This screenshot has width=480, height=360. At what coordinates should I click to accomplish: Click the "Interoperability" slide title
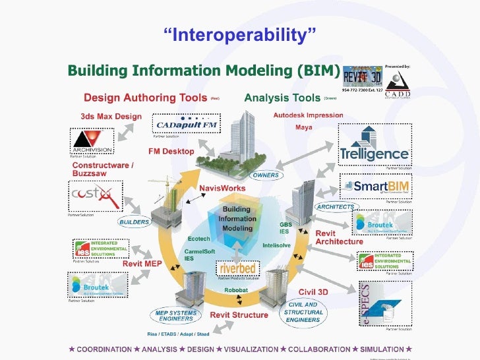coord(240,33)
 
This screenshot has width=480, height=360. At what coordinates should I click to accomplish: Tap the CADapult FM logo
coord(178,125)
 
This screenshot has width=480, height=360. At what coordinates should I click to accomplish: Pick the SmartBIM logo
coord(375,187)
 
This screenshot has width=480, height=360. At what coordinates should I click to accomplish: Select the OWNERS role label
coord(267,175)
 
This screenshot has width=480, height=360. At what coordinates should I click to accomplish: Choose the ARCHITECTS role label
coord(336,206)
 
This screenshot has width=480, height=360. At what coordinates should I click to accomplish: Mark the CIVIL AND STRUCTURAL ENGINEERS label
coord(305,312)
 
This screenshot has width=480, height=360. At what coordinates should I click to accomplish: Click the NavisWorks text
coord(222,188)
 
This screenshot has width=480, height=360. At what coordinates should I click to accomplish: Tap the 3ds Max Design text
coord(107,116)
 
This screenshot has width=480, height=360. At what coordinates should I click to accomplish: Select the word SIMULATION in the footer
coord(380,348)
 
